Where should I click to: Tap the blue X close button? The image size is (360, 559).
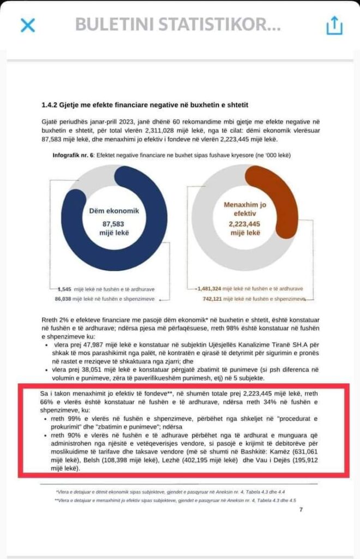pos(27,25)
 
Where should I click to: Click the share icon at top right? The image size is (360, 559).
pos(334,25)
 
